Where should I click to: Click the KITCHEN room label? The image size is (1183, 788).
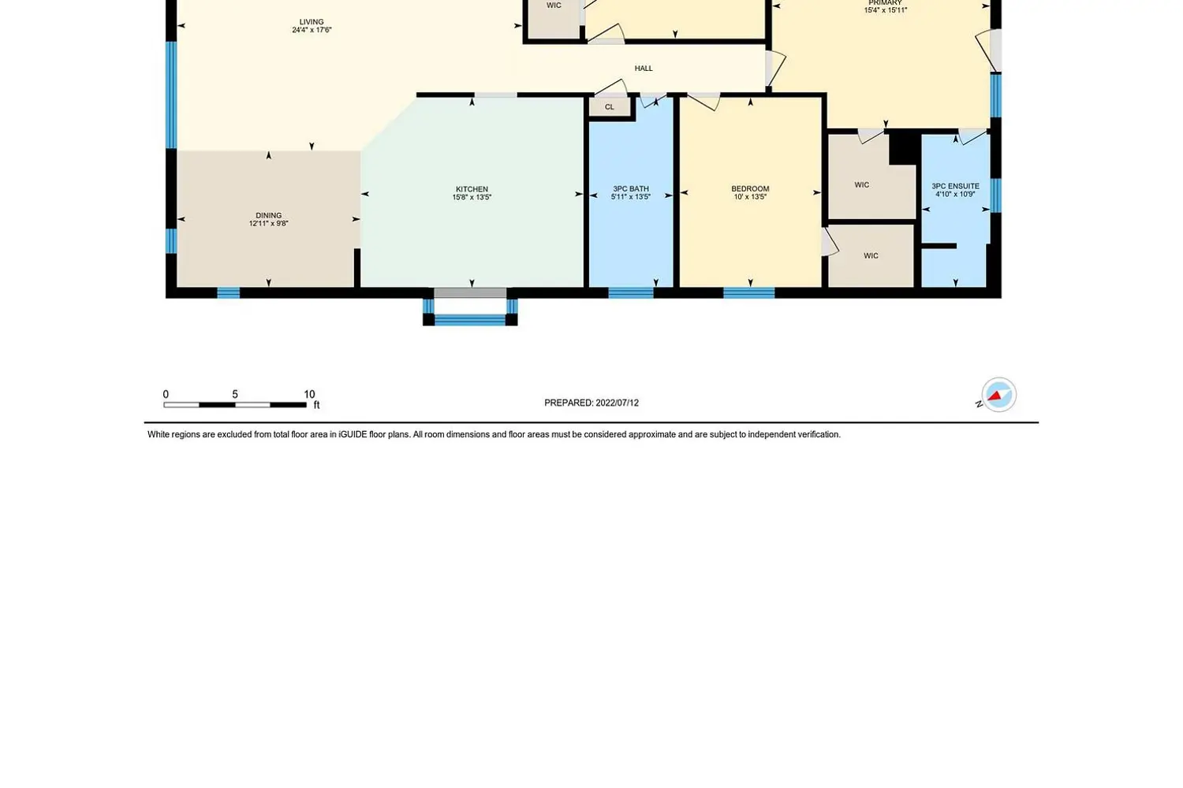(x=472, y=189)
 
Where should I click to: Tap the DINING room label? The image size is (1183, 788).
(x=268, y=215)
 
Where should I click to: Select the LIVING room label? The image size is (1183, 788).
(x=311, y=22)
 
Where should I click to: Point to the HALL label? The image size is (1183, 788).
(x=644, y=68)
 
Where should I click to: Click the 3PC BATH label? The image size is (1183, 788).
(x=631, y=188)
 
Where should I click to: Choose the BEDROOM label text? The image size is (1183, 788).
(x=750, y=188)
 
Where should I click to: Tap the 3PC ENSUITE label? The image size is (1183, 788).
(x=955, y=186)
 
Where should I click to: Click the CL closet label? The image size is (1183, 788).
(x=610, y=106)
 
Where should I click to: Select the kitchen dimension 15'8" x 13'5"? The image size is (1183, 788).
(x=472, y=197)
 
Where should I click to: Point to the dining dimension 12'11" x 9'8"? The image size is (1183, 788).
(x=268, y=223)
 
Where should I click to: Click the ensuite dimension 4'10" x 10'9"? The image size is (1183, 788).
(x=955, y=194)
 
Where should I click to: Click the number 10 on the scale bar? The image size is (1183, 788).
(x=309, y=394)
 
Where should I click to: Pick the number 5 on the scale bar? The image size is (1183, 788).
(x=235, y=394)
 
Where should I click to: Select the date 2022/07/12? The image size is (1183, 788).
(x=617, y=403)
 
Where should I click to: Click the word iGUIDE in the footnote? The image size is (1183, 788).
(x=353, y=434)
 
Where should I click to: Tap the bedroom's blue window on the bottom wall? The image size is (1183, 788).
(x=749, y=293)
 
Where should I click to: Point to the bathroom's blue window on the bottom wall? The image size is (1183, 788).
(x=631, y=293)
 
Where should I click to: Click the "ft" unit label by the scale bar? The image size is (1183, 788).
(x=317, y=405)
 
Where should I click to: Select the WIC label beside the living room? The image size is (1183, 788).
(x=554, y=6)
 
